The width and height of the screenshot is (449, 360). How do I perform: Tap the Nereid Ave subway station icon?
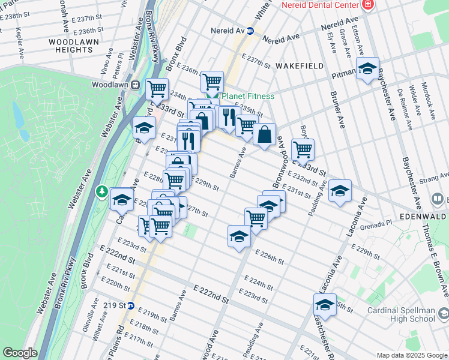tap(251, 30)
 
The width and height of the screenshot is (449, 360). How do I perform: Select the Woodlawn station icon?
tap(136, 85)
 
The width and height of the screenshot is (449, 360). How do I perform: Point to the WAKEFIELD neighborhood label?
tap(300, 65)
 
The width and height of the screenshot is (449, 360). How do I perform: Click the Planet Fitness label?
tap(248, 96)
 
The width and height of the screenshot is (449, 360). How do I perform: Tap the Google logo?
tap(20, 353)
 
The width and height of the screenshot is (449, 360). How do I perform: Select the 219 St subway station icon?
tap(130, 305)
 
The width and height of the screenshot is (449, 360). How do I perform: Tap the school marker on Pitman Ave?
tap(367, 69)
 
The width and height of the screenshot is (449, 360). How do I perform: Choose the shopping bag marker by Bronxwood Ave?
tap(264, 135)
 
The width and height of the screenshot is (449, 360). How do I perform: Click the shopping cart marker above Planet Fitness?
tap(212, 81)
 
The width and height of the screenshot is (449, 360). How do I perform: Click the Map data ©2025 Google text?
tap(411, 355)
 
